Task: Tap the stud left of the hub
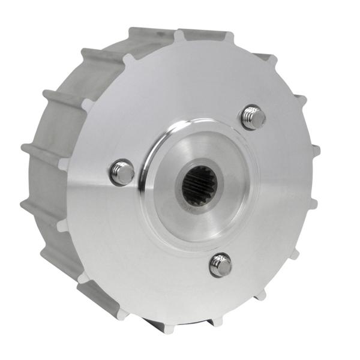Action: click(x=122, y=173)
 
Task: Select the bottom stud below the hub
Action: click(x=220, y=265)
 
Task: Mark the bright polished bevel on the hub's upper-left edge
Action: click(x=157, y=139)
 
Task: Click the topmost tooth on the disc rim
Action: click(x=178, y=35)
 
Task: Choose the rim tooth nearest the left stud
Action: click(x=64, y=164)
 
